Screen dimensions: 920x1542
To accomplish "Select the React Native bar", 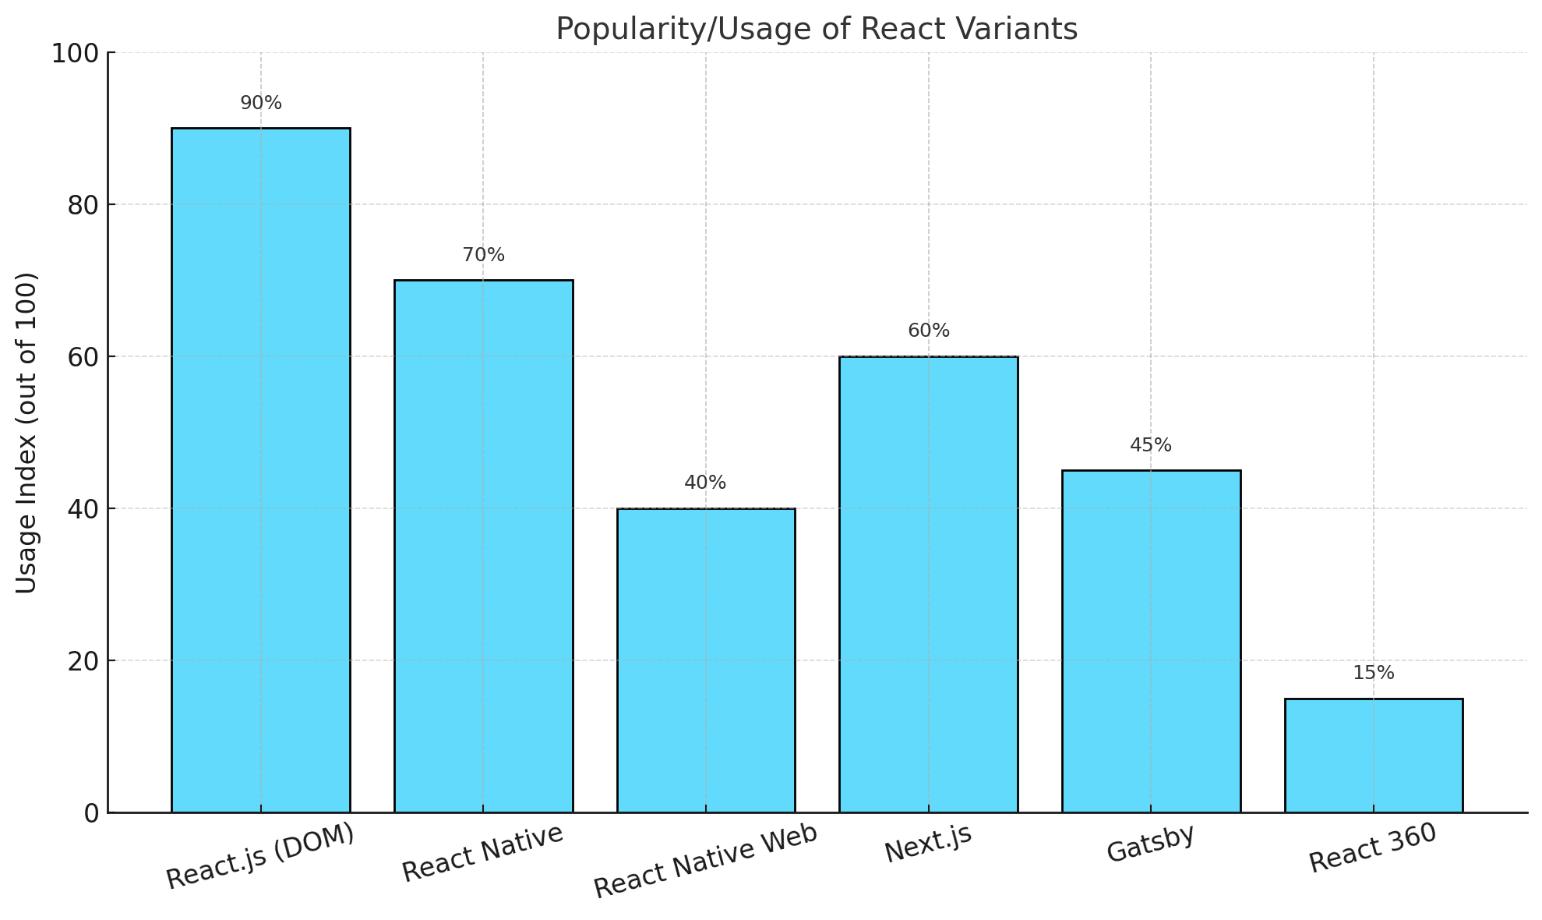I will click(483, 546).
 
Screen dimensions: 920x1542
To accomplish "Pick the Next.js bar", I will click(928, 584).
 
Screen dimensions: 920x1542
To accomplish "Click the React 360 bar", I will click(1373, 755).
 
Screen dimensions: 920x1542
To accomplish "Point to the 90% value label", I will click(261, 104).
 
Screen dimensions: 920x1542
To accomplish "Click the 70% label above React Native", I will click(484, 256).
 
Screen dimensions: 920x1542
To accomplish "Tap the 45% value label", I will click(1151, 446).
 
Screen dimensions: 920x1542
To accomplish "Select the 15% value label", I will click(1374, 674).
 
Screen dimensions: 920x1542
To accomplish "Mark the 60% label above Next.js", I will click(929, 331).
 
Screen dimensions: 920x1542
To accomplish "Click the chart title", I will click(817, 30).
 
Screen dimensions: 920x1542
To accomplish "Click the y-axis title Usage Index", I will click(26, 433).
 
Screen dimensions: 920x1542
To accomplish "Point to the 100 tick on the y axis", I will click(75, 54).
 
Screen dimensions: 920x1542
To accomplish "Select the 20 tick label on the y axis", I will click(83, 661).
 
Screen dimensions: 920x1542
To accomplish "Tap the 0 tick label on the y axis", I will click(91, 813).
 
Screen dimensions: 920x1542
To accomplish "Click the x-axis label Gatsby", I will click(1150, 843).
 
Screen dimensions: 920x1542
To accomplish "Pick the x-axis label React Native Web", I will click(706, 860).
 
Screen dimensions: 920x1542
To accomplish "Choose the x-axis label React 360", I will click(1373, 848).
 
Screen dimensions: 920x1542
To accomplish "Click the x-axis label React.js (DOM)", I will click(260, 855).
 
